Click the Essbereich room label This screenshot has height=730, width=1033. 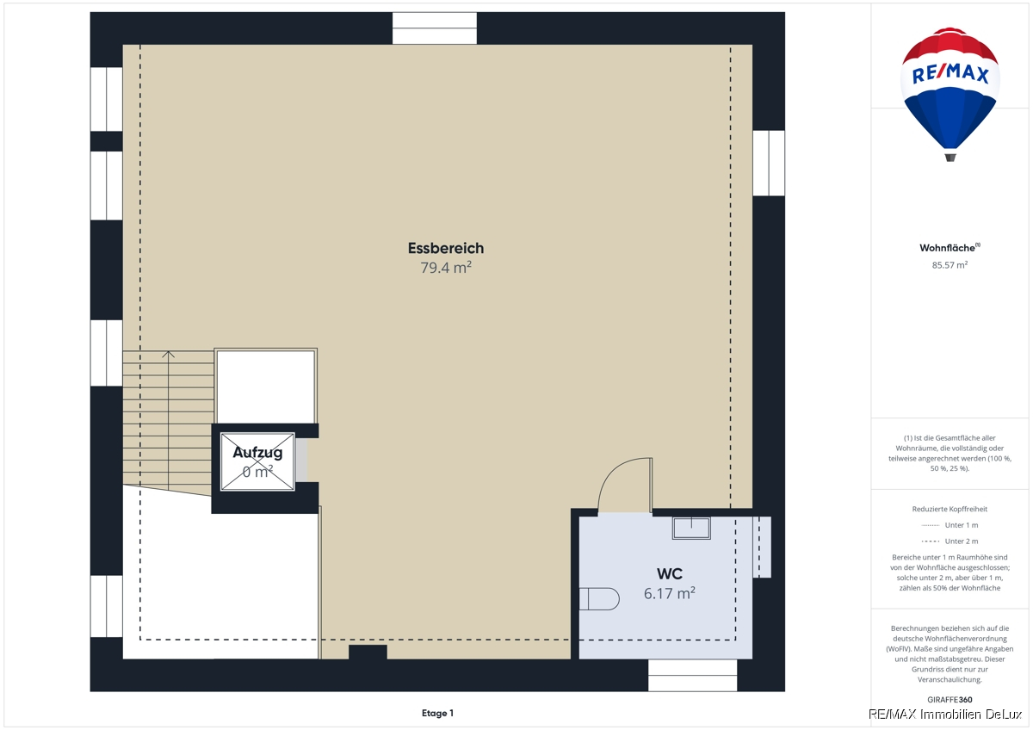446,248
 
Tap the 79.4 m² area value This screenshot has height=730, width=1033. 446,268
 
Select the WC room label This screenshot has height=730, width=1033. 670,573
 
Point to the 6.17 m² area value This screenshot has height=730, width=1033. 670,593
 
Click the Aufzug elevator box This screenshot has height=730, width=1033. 257,461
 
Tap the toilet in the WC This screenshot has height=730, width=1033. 599,599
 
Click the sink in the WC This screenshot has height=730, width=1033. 691,528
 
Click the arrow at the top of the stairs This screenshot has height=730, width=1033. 169,355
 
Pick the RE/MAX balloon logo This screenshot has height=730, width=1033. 950,94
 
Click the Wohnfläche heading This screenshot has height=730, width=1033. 949,248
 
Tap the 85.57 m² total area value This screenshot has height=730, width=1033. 949,265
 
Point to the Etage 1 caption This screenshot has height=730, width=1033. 437,713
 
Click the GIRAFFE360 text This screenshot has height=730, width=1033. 949,700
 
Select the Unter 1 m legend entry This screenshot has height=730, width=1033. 949,525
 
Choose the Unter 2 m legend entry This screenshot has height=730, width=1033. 949,541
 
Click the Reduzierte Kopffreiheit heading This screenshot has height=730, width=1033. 949,509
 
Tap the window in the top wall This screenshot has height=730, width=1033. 435,28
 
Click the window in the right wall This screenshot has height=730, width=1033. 769,164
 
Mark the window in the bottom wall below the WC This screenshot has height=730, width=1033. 693,676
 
